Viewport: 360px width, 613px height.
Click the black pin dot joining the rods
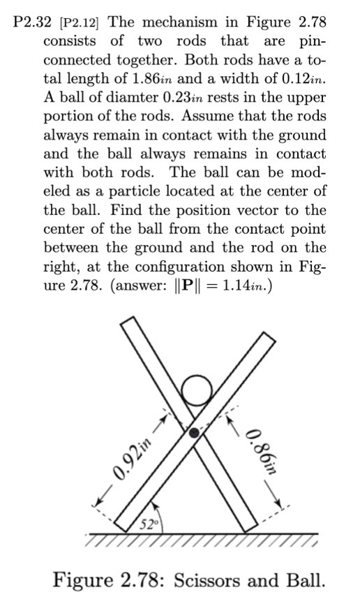click(x=197, y=432)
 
